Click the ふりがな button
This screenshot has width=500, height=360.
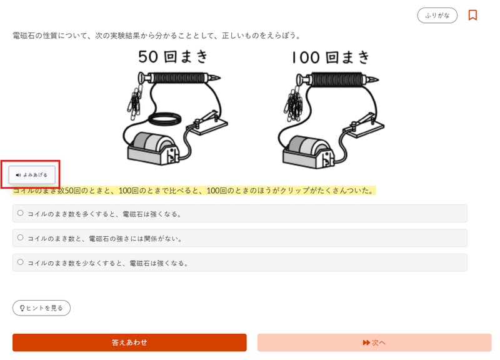(437, 15)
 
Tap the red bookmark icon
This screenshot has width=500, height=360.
(472, 15)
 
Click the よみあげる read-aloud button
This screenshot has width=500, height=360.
(32, 175)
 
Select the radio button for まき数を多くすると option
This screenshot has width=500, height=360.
(21, 213)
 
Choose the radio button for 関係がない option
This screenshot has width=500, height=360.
(21, 237)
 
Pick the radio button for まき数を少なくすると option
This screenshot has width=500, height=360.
(21, 262)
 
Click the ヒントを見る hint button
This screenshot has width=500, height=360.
(41, 307)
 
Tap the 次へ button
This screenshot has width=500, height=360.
(374, 342)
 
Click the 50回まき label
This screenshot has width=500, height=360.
(172, 57)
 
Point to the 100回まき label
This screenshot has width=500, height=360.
(331, 58)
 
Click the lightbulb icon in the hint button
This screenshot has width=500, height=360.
(22, 308)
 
